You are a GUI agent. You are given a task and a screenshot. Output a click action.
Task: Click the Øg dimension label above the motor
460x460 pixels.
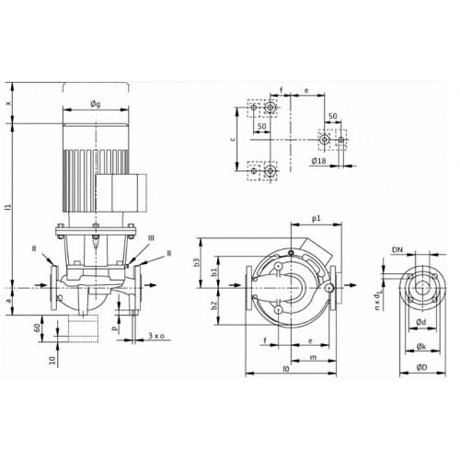pos(96,104)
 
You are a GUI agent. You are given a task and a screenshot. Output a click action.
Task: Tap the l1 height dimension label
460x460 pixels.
pos(9,207)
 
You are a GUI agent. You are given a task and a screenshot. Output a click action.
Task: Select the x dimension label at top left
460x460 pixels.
pos(9,103)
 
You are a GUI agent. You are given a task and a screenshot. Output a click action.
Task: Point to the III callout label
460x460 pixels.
pos(151,238)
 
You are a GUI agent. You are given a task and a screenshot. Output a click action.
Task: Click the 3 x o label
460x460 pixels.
pos(156,336)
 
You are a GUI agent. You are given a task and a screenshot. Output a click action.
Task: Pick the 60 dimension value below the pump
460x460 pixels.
pos(37,328)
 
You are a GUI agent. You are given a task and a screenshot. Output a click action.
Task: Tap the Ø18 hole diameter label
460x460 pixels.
pos(318,160)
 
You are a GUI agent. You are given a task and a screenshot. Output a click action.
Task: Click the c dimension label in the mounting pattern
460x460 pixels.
pos(233,139)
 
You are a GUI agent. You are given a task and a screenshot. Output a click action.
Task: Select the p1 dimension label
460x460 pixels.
pos(316,218)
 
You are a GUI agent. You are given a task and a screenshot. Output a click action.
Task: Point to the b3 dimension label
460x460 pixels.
pos(197,262)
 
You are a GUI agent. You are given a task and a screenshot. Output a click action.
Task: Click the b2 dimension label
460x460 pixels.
pos(214,305)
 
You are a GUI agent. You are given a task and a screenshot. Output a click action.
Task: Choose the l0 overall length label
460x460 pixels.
pos(286,369)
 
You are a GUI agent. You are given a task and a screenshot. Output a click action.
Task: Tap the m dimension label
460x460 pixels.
pos(313,358)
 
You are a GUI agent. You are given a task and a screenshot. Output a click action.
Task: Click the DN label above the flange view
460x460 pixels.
pos(397,250)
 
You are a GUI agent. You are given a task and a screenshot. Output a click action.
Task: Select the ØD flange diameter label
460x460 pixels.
pos(422,367)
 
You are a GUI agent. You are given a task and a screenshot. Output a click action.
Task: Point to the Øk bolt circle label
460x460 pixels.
pos(421,347)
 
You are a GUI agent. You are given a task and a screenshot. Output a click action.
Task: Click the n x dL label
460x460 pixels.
pos(378,301)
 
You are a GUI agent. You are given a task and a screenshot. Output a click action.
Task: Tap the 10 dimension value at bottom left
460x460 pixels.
pos(53,360)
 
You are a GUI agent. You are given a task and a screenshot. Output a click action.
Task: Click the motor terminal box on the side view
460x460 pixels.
pos(121,192)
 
